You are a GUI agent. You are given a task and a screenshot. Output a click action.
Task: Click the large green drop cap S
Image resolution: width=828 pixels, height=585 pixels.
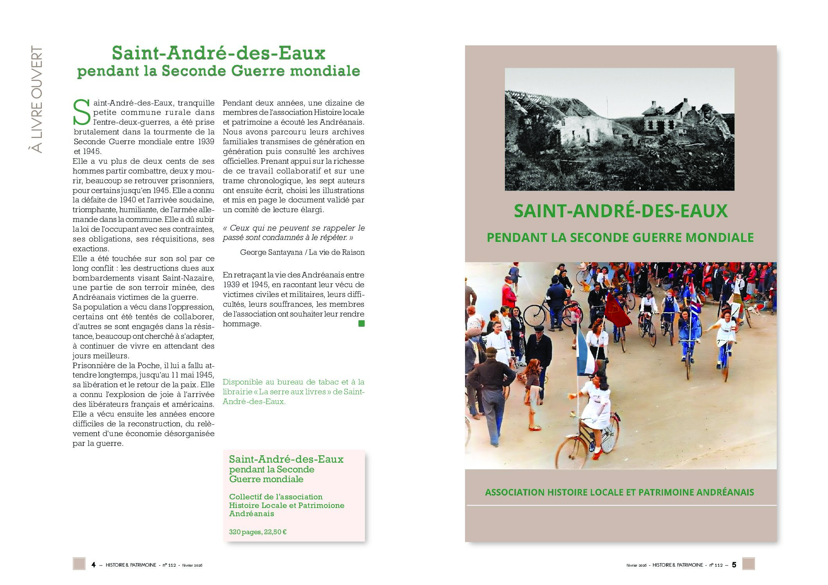[82, 113]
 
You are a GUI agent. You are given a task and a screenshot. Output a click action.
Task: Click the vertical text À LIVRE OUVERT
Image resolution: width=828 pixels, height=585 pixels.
[36, 100]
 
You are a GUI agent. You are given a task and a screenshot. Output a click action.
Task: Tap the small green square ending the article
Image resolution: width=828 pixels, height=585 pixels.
[361, 324]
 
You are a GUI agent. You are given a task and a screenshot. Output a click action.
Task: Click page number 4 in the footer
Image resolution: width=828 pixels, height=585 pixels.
[93, 565]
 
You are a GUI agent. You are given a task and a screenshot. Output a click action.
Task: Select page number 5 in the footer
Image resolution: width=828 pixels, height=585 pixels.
[734, 565]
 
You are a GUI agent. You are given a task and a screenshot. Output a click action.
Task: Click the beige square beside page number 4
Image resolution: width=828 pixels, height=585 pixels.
[79, 564]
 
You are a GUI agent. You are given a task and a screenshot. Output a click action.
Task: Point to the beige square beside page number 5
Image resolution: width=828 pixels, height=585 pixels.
[748, 564]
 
